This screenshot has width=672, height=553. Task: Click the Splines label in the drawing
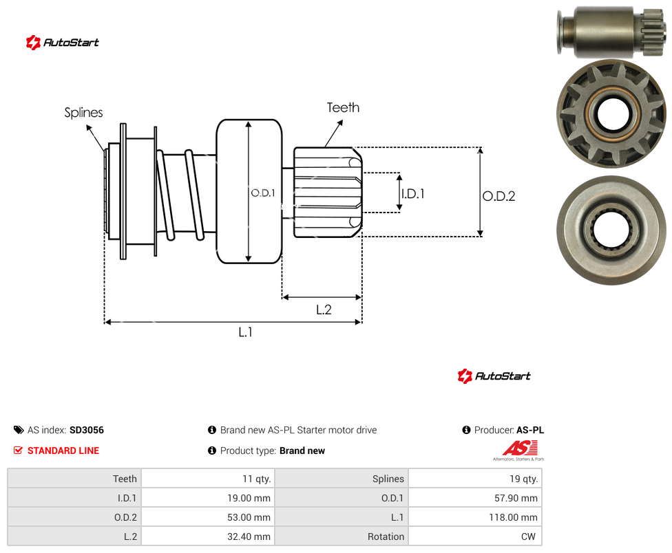click(83, 113)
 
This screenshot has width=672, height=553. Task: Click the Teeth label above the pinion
click(343, 107)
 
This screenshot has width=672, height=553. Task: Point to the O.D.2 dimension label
click(499, 196)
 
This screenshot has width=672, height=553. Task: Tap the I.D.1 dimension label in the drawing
click(412, 194)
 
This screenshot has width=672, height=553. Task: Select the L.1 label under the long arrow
click(246, 332)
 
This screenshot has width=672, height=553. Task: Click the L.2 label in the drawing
click(324, 310)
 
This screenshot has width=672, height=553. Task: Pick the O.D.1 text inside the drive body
click(263, 193)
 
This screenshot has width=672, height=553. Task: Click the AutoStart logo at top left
click(63, 43)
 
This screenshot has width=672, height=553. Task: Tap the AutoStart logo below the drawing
click(494, 376)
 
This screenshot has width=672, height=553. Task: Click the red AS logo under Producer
click(519, 451)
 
